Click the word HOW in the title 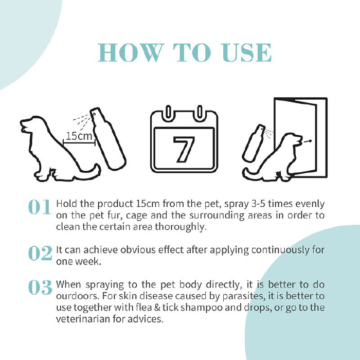point(130,52)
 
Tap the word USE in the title point(247,52)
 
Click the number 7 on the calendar point(184,149)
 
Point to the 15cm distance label point(79,136)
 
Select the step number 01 point(40,207)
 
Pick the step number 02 point(40,253)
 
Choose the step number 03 point(40,287)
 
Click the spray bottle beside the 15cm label point(107,139)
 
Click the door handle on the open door point(307,141)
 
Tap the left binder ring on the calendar point(168,112)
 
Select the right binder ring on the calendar point(200,112)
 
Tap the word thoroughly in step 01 point(181,227)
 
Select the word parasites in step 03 point(243,296)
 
